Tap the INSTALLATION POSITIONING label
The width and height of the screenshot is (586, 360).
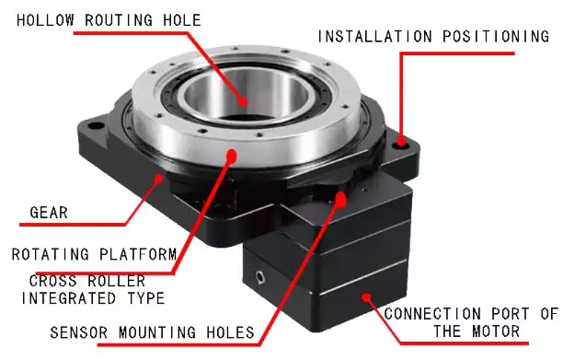pos(433,37)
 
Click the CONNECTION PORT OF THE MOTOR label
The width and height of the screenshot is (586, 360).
pos(470,322)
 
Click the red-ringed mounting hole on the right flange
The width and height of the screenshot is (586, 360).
pos(401,145)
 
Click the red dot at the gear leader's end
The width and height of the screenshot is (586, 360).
pos(163,175)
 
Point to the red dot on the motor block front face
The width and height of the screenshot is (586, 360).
pos(368,296)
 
